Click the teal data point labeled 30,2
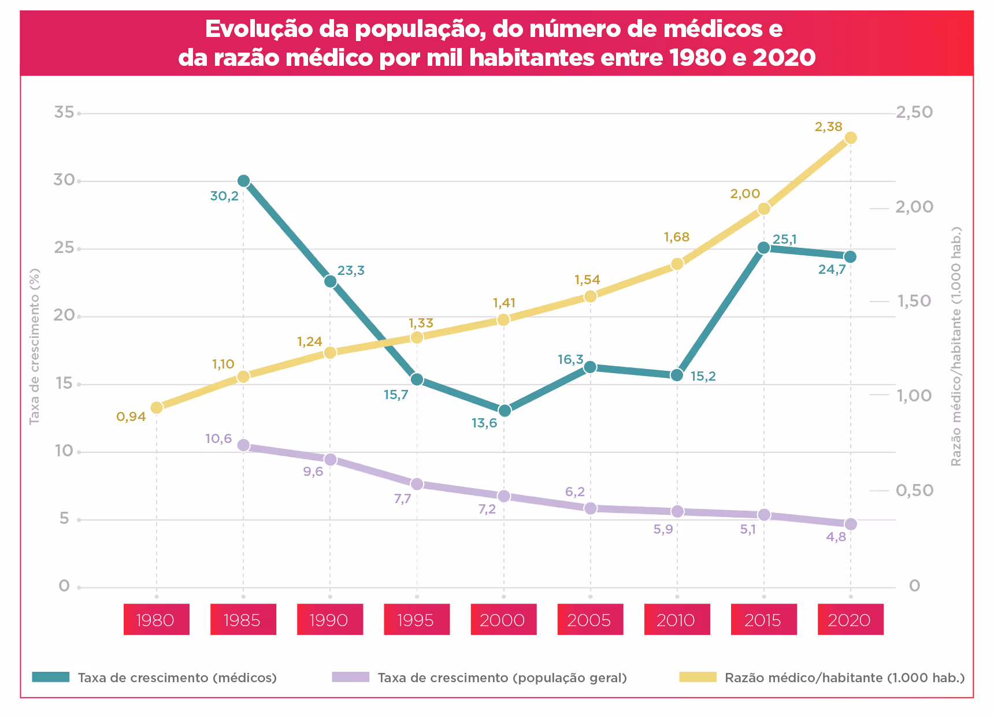click(x=243, y=181)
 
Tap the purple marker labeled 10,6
click(x=243, y=445)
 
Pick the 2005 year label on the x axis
click(x=589, y=620)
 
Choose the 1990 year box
click(x=329, y=620)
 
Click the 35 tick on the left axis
click(x=64, y=112)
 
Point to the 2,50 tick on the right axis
click(x=914, y=112)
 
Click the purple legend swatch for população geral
click(x=351, y=677)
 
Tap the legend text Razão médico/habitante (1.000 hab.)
click(x=844, y=678)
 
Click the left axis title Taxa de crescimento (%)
click(x=35, y=347)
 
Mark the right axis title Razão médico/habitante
click(x=956, y=347)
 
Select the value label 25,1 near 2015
click(x=785, y=239)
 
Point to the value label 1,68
click(x=677, y=237)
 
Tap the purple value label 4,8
click(x=836, y=537)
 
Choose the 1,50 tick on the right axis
click(x=914, y=301)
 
